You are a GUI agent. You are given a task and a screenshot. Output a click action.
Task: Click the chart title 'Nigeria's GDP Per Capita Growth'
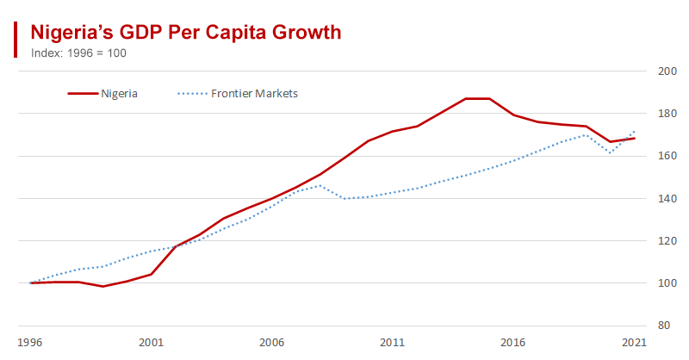[x=186, y=33]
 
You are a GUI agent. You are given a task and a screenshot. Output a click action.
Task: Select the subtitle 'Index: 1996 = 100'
[x=78, y=53]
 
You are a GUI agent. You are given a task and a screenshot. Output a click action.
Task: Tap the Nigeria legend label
[x=119, y=93]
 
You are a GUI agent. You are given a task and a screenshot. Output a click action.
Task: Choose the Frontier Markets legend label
[x=254, y=93]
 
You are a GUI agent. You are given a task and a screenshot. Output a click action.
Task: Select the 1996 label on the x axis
[x=31, y=342]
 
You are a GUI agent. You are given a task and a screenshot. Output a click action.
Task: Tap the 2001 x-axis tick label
[x=152, y=342]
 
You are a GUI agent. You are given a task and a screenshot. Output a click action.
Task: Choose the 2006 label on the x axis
[x=272, y=342]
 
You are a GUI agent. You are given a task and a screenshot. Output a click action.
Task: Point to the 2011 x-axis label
[x=393, y=342]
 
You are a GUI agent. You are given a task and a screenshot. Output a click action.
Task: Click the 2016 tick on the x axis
[x=513, y=342]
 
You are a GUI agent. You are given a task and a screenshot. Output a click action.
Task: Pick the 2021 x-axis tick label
[x=634, y=342]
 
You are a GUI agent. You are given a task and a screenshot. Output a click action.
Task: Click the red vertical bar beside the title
[x=16, y=40]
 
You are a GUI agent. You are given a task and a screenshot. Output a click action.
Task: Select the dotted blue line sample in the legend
[x=191, y=93]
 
